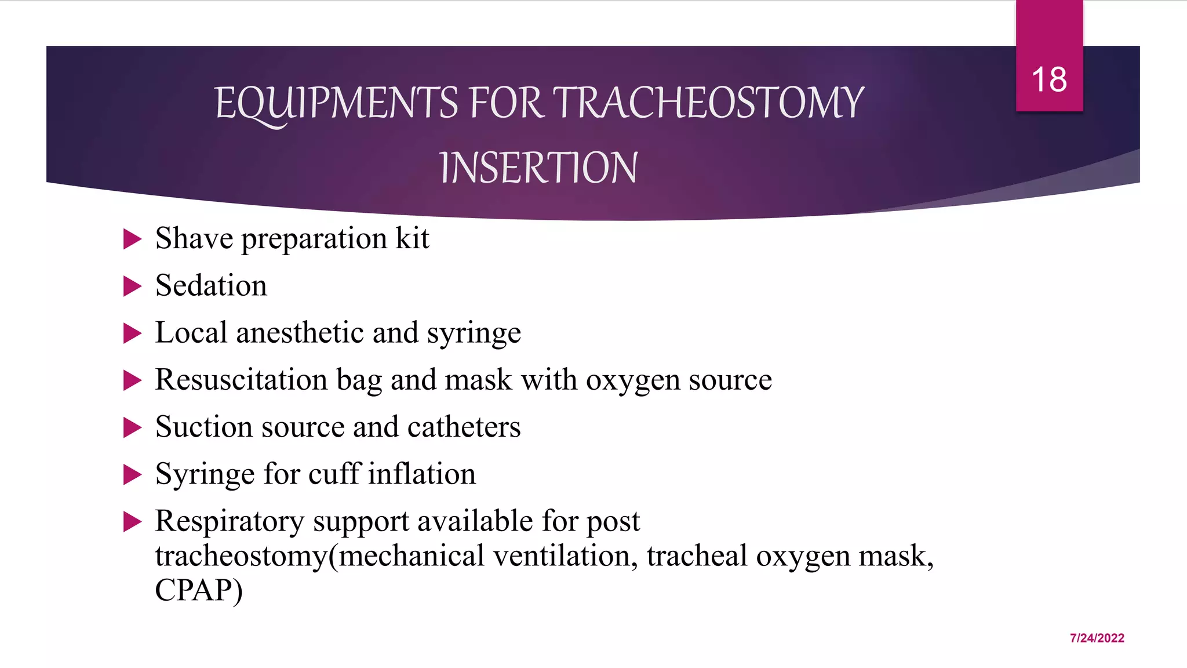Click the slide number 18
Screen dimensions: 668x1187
(x=1049, y=79)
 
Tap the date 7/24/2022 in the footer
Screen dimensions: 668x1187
(x=1097, y=638)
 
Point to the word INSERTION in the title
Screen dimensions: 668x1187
(x=538, y=168)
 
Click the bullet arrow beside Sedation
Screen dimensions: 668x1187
(x=133, y=286)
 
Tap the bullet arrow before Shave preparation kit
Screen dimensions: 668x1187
(x=133, y=239)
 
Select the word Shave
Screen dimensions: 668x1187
(x=194, y=238)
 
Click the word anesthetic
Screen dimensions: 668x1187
(x=327, y=333)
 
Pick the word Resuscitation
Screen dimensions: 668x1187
(x=241, y=380)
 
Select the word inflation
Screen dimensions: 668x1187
(x=422, y=474)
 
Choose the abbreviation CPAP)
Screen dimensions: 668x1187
(x=199, y=590)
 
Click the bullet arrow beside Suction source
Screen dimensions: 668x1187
(x=133, y=428)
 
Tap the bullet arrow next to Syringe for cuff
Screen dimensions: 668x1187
(x=133, y=475)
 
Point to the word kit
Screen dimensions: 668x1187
(x=412, y=238)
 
